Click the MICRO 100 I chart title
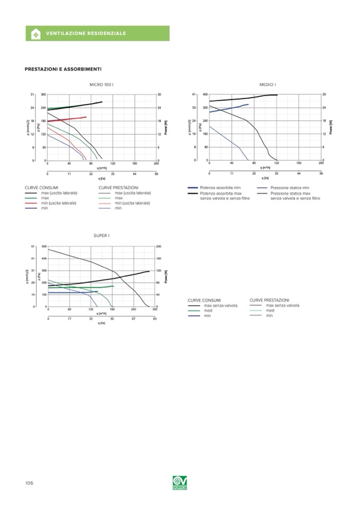[101, 84]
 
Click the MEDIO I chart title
[268, 84]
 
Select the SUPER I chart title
[101, 236]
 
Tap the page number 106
[29, 483]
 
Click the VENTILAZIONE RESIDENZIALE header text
[87, 33]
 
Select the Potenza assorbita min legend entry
[218, 188]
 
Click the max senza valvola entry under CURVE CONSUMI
[220, 306]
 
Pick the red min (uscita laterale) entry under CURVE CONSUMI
[59, 203]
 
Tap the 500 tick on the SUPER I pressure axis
[43, 247]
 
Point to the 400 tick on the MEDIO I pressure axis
[204, 95]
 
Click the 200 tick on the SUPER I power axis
[159, 247]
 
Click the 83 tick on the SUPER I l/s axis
[155, 318]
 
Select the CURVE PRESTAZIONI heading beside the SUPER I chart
[269, 300]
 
